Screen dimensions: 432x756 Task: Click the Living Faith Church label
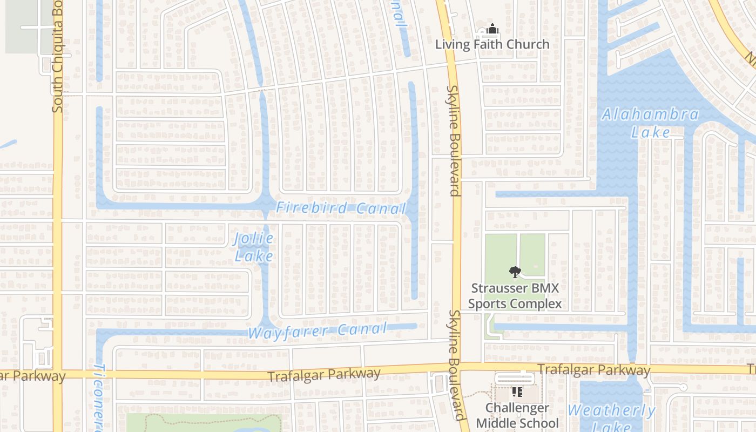pyautogui.click(x=492, y=44)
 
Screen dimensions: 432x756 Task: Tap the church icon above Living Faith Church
pyautogui.click(x=492, y=29)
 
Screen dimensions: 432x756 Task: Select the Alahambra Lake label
pyautogui.click(x=650, y=123)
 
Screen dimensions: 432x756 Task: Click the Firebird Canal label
pyautogui.click(x=341, y=208)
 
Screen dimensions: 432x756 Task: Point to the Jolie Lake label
pyautogui.click(x=254, y=247)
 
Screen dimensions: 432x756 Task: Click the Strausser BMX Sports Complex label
pyautogui.click(x=515, y=296)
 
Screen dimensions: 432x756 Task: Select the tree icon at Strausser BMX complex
pyautogui.click(x=515, y=273)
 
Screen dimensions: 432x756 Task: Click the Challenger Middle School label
pyautogui.click(x=517, y=415)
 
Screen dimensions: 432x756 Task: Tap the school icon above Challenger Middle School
pyautogui.click(x=517, y=392)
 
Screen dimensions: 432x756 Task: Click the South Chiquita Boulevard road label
pyautogui.click(x=58, y=57)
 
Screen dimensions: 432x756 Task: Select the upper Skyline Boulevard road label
pyautogui.click(x=453, y=140)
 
